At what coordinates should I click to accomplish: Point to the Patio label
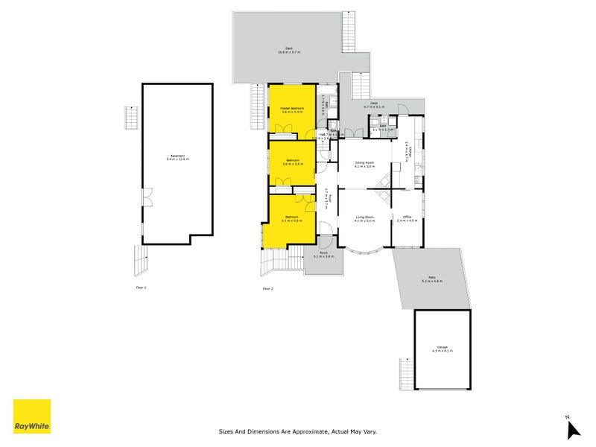click(x=432, y=279)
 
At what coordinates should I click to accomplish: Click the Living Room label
click(x=364, y=218)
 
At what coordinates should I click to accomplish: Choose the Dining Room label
click(x=364, y=164)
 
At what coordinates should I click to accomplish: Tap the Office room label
click(x=408, y=218)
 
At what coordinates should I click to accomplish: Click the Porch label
click(x=324, y=254)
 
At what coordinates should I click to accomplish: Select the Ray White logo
click(x=32, y=416)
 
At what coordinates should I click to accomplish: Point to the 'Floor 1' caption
click(x=141, y=287)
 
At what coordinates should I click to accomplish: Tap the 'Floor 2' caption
click(x=267, y=288)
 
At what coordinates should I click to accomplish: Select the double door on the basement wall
click(x=146, y=197)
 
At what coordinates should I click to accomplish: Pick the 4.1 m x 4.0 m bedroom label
click(x=291, y=219)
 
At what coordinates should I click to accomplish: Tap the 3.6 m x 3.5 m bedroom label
click(x=293, y=162)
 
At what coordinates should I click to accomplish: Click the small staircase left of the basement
click(x=131, y=118)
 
